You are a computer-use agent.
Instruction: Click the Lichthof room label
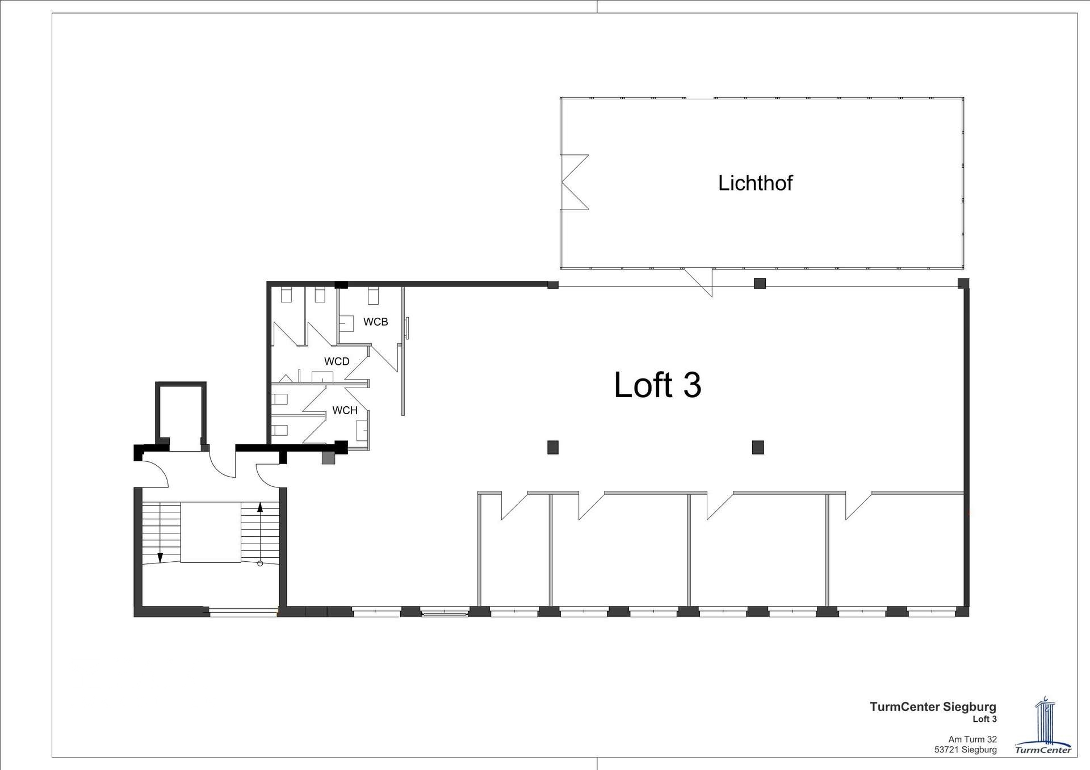(755, 183)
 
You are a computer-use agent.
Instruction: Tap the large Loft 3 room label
(657, 385)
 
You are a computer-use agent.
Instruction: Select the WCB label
(375, 322)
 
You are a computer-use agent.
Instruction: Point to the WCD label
(337, 361)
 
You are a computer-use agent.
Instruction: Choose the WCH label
(345, 410)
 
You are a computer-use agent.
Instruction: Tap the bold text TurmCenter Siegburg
(933, 707)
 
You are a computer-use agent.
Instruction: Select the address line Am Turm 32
(972, 739)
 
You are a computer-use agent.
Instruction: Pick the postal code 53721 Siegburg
(965, 750)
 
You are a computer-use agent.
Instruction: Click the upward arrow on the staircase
(260, 533)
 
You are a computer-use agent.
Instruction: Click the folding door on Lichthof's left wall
(575, 182)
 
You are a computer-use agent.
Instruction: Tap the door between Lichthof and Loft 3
(698, 282)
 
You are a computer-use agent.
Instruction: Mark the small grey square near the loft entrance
(328, 457)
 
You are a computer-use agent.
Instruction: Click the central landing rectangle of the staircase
(211, 532)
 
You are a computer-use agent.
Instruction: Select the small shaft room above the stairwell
(181, 417)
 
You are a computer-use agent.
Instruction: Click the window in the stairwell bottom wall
(244, 612)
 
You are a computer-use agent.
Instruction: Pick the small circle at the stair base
(260, 563)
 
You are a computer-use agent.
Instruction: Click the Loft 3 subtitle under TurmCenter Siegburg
(984, 719)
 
